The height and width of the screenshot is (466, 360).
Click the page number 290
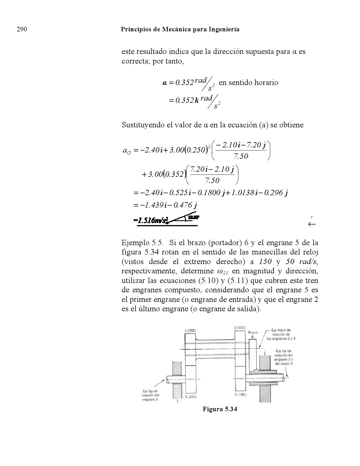pyautogui.click(x=22, y=29)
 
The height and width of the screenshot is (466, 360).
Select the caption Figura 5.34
pyautogui.click(x=219, y=409)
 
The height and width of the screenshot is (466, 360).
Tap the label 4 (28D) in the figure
pyautogui.click(x=190, y=330)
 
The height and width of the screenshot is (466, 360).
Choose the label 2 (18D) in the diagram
pyautogui.click(x=241, y=394)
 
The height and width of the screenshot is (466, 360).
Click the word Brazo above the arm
pyautogui.click(x=252, y=333)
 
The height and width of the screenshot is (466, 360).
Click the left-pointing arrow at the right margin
pyautogui.click(x=312, y=225)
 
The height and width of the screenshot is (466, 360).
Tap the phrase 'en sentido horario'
pyautogui.click(x=248, y=82)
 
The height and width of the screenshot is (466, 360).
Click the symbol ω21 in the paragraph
pyautogui.click(x=223, y=271)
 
